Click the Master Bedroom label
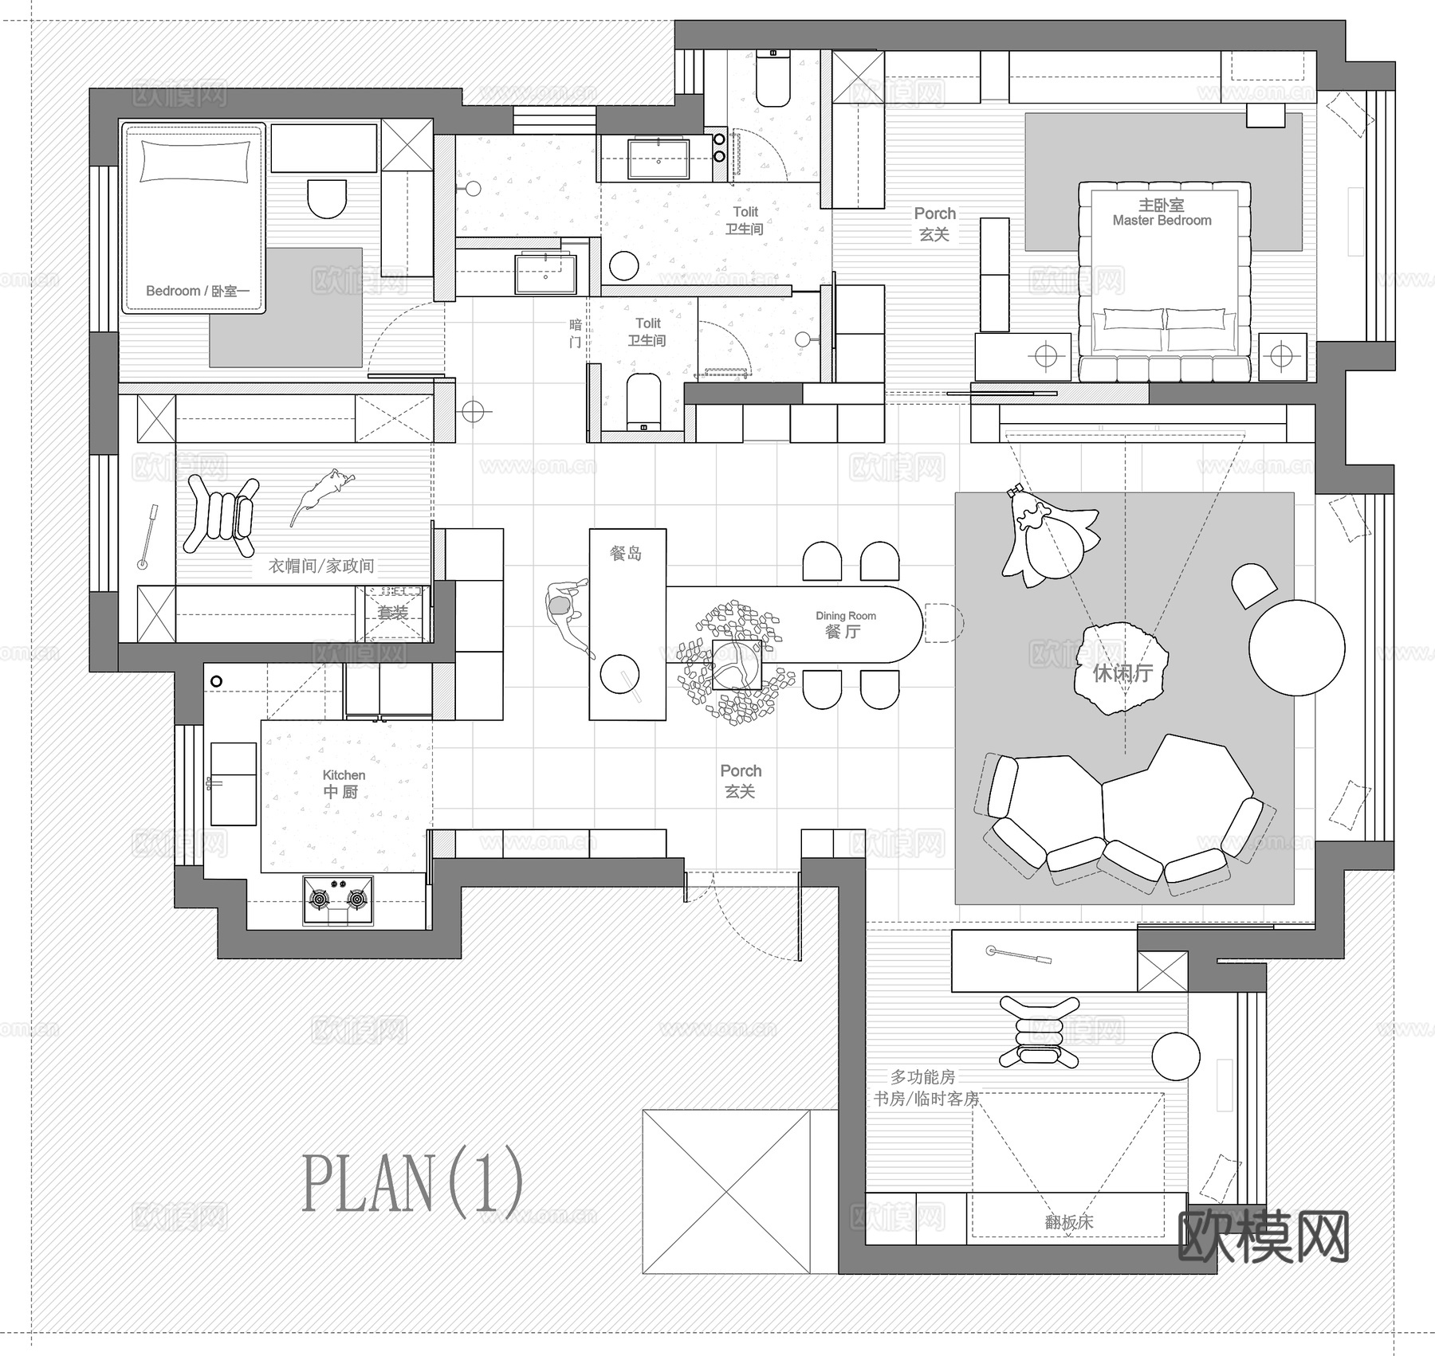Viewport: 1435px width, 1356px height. coord(1162,214)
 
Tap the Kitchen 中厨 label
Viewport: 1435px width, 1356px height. coord(343,784)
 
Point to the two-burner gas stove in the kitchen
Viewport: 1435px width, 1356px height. coord(338,900)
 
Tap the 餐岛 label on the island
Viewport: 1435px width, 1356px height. coord(626,553)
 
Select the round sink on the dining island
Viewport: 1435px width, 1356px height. coord(619,674)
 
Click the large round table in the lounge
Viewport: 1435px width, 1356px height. coord(1296,648)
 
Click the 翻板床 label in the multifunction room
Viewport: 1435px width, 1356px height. coord(1069,1222)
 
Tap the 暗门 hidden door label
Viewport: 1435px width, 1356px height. coord(576,333)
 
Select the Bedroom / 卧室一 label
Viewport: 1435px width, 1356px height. coord(197,291)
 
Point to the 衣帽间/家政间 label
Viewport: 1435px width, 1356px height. coord(321,566)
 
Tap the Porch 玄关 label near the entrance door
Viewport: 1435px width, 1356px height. coord(741,781)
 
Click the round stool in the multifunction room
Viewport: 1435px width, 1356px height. coord(1175,1056)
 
